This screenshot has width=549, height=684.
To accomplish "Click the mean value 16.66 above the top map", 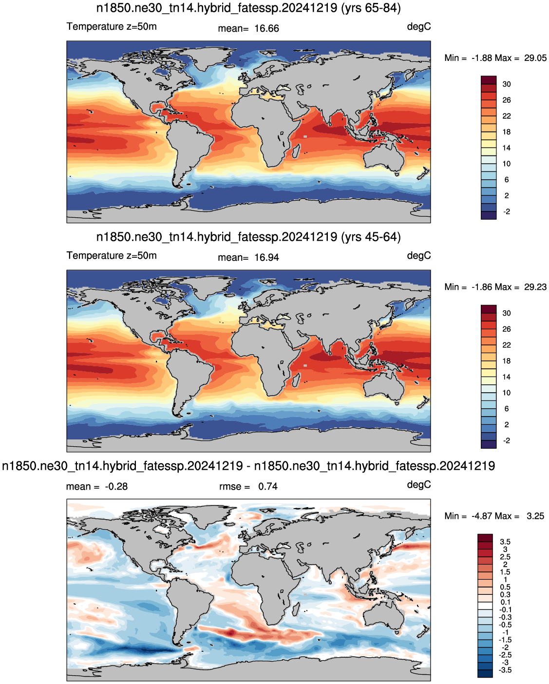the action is click(x=266, y=29).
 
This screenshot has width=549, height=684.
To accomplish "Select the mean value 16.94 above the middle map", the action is click(x=266, y=257).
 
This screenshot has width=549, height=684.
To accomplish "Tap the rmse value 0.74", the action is click(x=267, y=486).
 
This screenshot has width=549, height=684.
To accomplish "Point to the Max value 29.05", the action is click(x=535, y=58).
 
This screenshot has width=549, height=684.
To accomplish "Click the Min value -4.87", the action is click(x=482, y=515).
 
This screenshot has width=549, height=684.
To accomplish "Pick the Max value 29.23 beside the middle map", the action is click(x=535, y=286).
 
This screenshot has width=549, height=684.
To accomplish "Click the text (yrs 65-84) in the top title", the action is click(x=371, y=8).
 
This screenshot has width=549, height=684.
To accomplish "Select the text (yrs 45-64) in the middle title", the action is click(x=371, y=237).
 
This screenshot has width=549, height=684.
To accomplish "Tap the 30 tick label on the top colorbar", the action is click(x=507, y=84).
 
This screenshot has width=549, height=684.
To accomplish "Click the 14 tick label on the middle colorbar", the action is click(x=507, y=377).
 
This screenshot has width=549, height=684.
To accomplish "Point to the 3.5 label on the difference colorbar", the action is click(x=505, y=542).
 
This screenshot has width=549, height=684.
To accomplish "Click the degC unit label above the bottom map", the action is click(x=418, y=484).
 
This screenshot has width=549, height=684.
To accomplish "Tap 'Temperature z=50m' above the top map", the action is click(x=112, y=26).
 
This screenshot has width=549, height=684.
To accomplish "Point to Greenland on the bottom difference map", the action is click(x=207, y=513).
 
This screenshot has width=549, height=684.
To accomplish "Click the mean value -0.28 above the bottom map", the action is click(x=116, y=486).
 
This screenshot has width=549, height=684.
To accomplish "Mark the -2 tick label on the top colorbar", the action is click(x=507, y=211).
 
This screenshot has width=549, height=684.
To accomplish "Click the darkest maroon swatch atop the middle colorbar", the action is click(x=489, y=309).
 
